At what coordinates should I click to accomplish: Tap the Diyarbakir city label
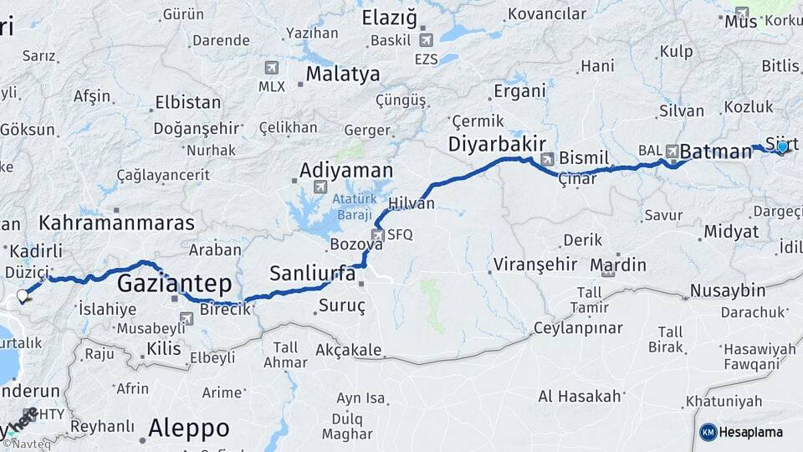pos(497,144)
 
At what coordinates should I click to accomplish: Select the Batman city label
pos(716,152)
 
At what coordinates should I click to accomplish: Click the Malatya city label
pos(342,74)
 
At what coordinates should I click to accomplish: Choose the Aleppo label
pos(188,429)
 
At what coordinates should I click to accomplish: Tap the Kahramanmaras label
pos(116,223)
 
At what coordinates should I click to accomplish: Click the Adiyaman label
pos(346,171)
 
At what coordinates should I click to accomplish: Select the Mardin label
pos(618,265)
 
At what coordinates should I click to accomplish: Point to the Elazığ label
pos(389,17)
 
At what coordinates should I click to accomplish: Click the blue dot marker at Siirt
pos(782,147)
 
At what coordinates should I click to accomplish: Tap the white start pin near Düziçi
pos(23,295)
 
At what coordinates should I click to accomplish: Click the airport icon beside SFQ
pos(377,235)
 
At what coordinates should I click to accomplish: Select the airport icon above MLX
pos(271,68)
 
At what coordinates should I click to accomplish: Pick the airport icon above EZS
pos(426,40)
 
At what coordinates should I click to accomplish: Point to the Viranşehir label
pos(535,265)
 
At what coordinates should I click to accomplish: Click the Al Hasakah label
pos(580,396)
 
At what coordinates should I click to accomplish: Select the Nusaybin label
pos(727,291)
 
